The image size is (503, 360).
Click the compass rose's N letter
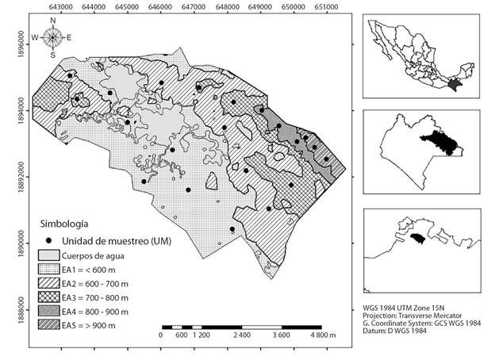(52, 23)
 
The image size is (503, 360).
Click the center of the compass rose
(52, 37)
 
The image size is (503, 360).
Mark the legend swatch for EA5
(50, 326)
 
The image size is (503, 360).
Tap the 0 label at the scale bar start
(161, 336)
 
